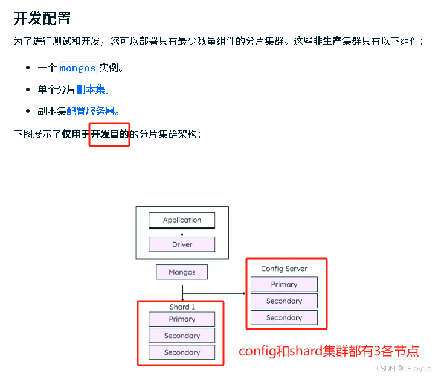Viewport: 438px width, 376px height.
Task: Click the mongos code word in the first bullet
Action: (x=77, y=68)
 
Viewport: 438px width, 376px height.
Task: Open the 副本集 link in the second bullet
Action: (x=93, y=89)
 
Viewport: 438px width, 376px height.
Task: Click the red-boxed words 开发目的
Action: (x=109, y=133)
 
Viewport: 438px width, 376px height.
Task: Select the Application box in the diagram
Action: (x=182, y=220)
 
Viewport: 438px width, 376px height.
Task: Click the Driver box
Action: (x=182, y=244)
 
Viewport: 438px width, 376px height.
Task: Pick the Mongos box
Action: (x=182, y=272)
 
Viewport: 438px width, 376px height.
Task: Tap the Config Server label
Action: (x=284, y=269)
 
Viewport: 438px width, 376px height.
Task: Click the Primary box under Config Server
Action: (x=284, y=284)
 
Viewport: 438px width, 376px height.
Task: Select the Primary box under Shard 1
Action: (x=182, y=319)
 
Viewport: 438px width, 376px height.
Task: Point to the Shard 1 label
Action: (x=182, y=307)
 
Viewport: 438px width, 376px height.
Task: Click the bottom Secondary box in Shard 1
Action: (x=182, y=352)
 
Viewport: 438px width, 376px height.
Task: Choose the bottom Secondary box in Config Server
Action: (x=284, y=317)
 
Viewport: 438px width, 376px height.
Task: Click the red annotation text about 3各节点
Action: (x=329, y=351)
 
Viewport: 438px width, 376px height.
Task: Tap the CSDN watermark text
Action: (x=404, y=368)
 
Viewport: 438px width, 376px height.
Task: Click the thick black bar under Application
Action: (x=182, y=228)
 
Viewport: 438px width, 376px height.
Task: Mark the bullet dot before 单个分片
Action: (x=28, y=90)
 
